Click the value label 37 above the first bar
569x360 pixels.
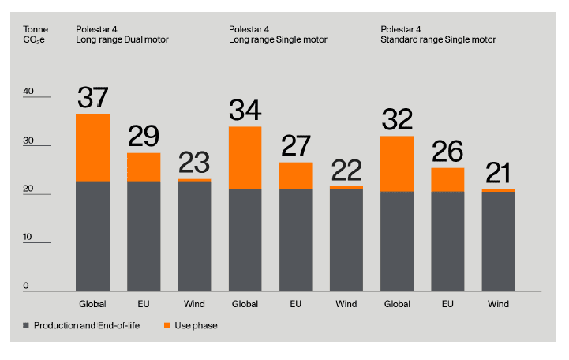click(x=93, y=97)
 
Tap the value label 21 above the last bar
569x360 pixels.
click(x=498, y=173)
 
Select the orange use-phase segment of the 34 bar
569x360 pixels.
click(x=245, y=158)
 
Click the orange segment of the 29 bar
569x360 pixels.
click(x=144, y=167)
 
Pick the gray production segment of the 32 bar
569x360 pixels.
click(x=397, y=242)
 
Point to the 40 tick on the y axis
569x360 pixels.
click(x=28, y=91)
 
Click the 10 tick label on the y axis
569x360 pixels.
click(x=27, y=237)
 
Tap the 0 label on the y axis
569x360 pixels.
click(x=26, y=286)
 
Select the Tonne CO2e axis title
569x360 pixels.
click(x=36, y=35)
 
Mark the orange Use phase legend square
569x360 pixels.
click(x=167, y=325)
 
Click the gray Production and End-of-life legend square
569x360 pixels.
click(x=26, y=325)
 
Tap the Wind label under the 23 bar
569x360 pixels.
click(x=194, y=304)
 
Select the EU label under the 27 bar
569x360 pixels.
click(x=295, y=304)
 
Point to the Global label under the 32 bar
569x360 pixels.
click(x=397, y=304)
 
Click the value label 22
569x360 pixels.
click(x=346, y=171)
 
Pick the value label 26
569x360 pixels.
click(x=447, y=152)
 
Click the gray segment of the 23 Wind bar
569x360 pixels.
click(x=194, y=236)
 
